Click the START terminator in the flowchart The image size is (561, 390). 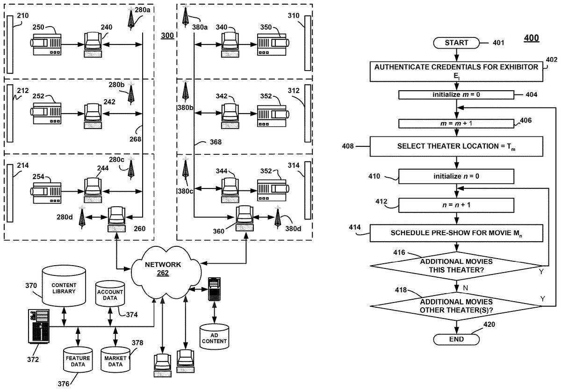[x=456, y=43]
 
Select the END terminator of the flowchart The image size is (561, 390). [x=456, y=339]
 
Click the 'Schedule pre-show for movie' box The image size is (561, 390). [x=456, y=232]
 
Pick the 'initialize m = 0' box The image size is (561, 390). [x=456, y=95]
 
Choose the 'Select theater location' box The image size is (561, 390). [x=456, y=146]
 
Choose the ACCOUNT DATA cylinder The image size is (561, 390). [x=110, y=295]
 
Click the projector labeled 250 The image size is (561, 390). [x=46, y=45]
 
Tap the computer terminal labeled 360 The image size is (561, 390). [x=243, y=218]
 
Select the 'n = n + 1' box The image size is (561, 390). [x=456, y=204]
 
